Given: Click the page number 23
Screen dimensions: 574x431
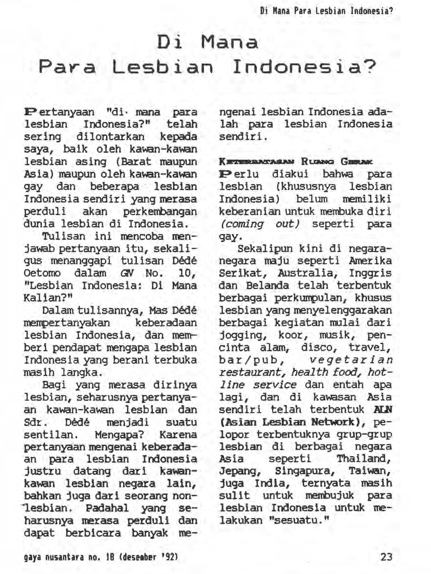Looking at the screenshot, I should [387, 557].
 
